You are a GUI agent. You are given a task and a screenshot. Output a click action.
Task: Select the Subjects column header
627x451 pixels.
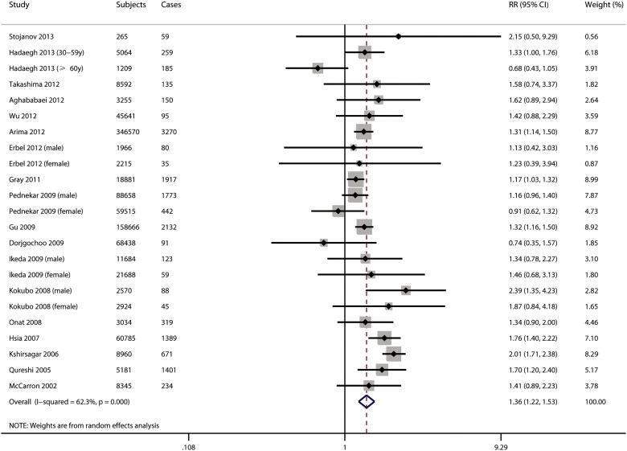point(133,6)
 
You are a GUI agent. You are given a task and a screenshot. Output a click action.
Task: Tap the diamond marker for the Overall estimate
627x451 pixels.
point(367,400)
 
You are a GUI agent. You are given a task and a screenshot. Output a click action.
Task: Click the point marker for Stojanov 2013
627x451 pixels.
point(399,37)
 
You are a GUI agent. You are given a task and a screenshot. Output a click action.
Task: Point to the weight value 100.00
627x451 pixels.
point(596,400)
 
